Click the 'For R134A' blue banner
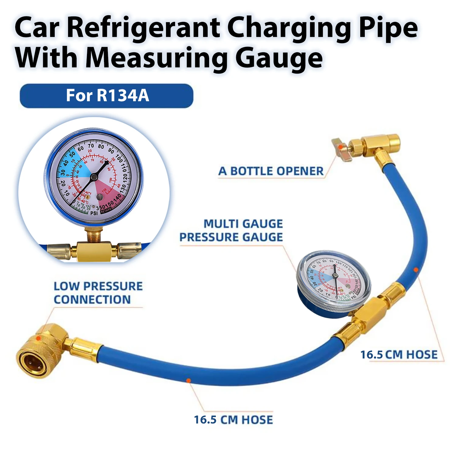(106, 96)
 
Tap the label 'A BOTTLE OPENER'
(271, 171)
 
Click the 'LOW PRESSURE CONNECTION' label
(98, 293)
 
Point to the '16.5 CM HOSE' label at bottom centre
(233, 420)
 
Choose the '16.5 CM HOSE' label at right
(399, 355)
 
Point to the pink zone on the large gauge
(108, 192)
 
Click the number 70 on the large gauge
(91, 146)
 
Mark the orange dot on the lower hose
(188, 380)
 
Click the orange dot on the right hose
(416, 270)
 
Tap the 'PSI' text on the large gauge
(94, 213)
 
